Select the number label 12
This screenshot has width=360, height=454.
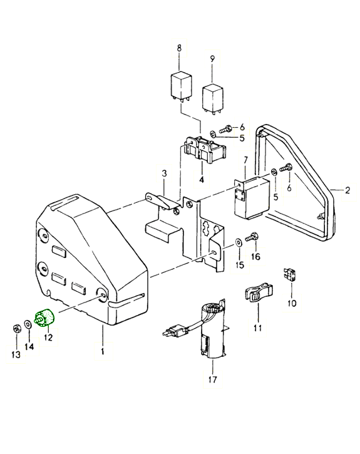(x=48, y=338)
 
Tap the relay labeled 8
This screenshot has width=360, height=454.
(x=181, y=85)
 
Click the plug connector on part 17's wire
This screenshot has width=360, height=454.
(x=173, y=329)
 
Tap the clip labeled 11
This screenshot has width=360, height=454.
(x=256, y=293)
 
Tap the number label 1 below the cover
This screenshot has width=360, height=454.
(x=102, y=351)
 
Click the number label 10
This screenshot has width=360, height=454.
(x=292, y=304)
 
